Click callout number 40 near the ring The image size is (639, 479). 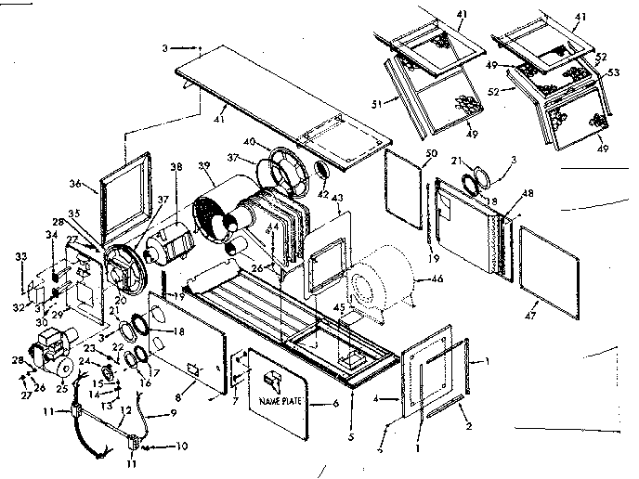point(250,141)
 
